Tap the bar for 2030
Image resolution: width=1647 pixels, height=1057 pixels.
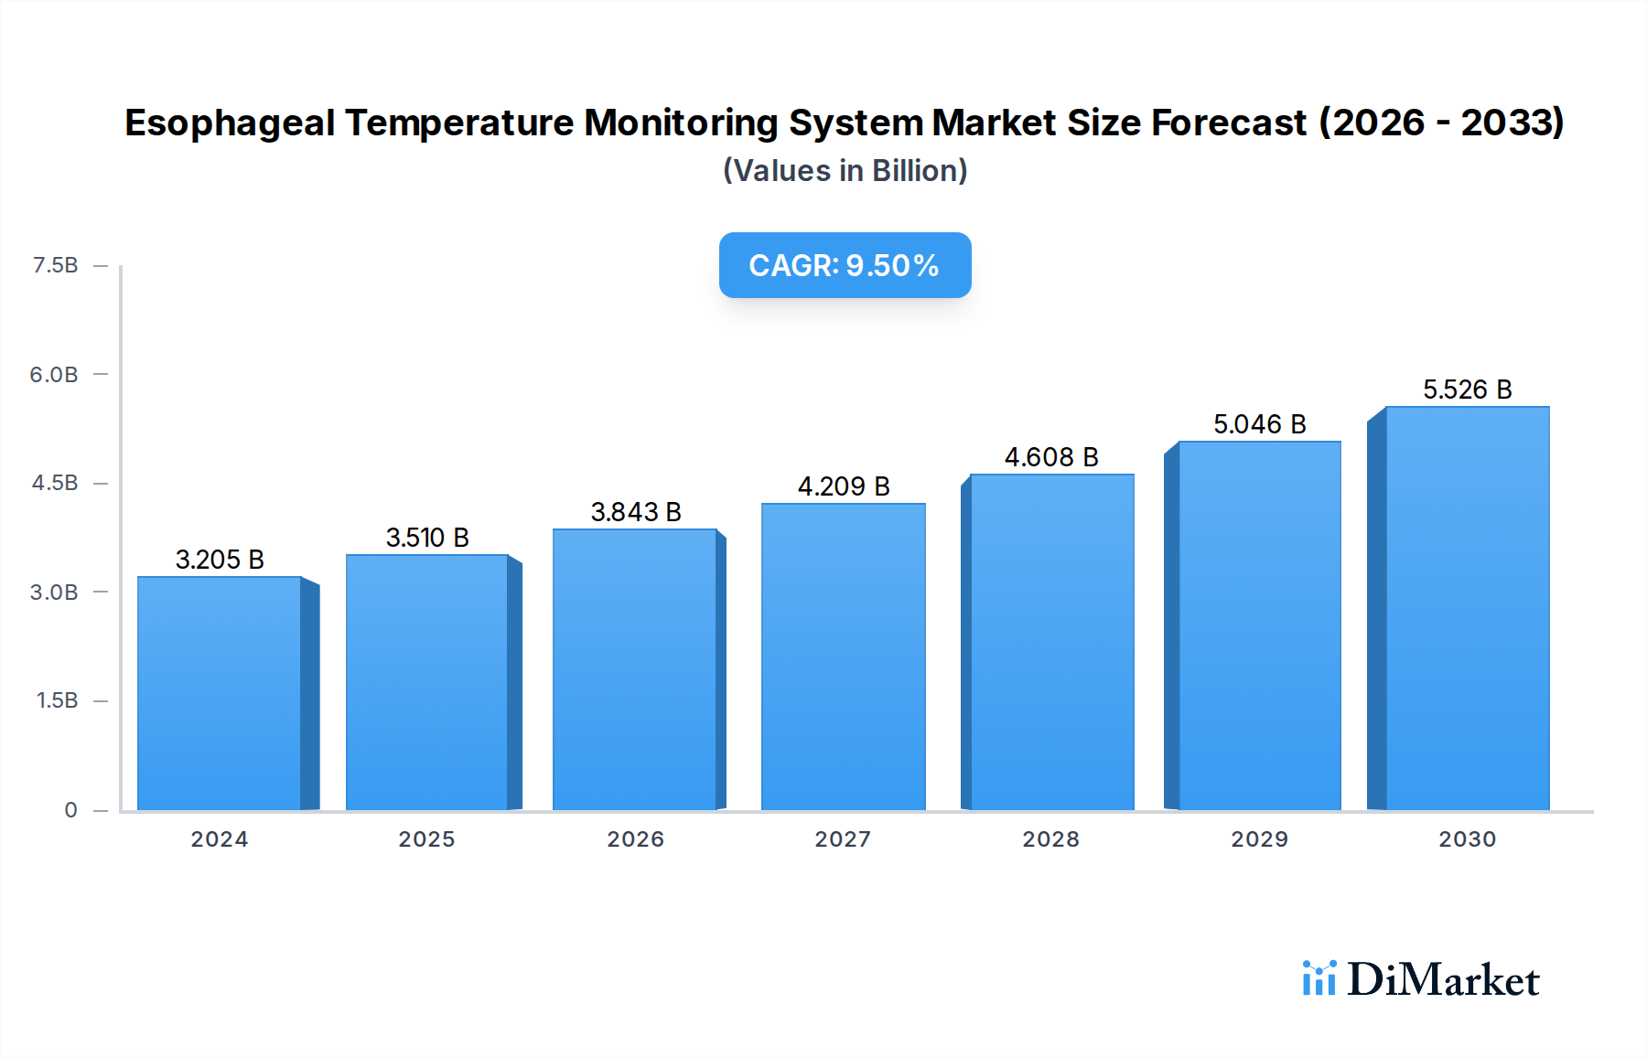[x=1467, y=608]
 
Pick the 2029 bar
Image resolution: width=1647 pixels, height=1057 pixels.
[x=1259, y=625]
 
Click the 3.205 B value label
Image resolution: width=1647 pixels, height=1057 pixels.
[x=220, y=560]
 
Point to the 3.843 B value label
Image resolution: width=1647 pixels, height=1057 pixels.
[x=636, y=512]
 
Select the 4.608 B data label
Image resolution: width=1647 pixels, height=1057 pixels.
[x=1051, y=457]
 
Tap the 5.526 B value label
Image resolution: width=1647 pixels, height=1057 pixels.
[x=1467, y=390]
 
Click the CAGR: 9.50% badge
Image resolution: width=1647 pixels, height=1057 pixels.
[x=845, y=265]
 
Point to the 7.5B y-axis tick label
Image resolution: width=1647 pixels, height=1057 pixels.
[x=55, y=265]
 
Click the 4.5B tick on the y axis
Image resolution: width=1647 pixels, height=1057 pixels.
[x=55, y=483]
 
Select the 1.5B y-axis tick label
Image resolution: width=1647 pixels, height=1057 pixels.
[x=57, y=700]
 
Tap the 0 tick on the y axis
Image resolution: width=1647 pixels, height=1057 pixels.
[x=70, y=809]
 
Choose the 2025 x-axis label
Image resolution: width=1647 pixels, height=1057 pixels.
[x=426, y=839]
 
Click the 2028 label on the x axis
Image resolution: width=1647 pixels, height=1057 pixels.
[x=1050, y=839]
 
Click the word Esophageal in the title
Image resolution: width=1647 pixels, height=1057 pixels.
[x=230, y=123]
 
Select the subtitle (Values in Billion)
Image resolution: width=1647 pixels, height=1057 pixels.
[x=845, y=171]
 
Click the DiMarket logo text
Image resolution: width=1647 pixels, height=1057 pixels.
[x=1443, y=980]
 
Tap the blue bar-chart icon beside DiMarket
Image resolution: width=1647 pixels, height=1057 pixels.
[x=1319, y=978]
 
